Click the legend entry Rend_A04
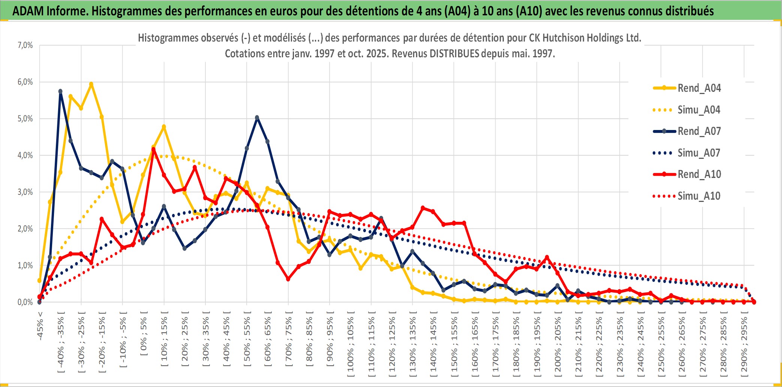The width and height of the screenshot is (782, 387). (699, 88)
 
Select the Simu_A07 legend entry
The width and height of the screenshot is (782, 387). (699, 153)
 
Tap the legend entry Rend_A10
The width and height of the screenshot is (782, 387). (699, 174)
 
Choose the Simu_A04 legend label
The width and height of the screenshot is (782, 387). (699, 110)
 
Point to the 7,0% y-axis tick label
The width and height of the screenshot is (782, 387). (25, 45)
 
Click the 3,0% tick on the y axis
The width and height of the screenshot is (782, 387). (25, 192)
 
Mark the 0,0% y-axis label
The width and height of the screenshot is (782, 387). (25, 302)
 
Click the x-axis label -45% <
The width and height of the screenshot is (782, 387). (40, 326)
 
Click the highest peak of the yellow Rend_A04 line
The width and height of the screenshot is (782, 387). (91, 84)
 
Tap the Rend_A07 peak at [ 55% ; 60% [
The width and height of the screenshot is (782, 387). (257, 118)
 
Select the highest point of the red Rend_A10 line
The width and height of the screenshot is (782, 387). (153, 149)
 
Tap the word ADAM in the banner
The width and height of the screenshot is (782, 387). (28, 11)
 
